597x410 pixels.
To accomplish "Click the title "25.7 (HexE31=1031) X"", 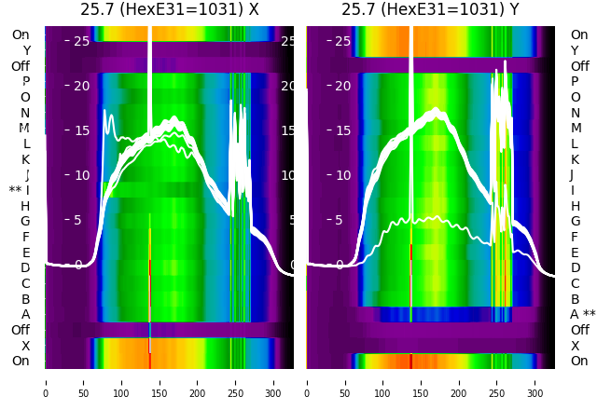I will (x=169, y=10).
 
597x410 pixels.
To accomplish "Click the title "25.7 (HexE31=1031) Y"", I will (x=430, y=10).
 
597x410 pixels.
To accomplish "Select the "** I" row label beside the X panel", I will (x=20, y=190).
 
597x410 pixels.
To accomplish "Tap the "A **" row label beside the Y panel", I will (x=583, y=314).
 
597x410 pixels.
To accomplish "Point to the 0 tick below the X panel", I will (x=45, y=381).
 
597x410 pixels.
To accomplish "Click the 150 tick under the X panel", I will (x=160, y=381).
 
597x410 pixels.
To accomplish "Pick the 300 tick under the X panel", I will (x=273, y=381).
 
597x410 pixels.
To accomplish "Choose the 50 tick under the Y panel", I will (x=345, y=381).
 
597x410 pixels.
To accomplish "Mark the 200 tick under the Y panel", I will (x=460, y=381).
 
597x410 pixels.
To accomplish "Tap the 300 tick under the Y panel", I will (x=535, y=381).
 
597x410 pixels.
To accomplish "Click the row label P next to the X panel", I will (x=25, y=82).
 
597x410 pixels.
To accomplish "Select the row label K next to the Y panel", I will (x=575, y=159).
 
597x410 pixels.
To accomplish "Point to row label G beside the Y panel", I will (x=575, y=221).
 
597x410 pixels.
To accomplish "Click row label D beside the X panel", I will (x=25, y=267).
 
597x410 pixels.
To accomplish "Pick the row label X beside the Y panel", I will (x=575, y=346).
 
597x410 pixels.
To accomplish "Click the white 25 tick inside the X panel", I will (x=81, y=41).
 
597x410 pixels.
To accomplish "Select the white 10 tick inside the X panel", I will (x=81, y=175).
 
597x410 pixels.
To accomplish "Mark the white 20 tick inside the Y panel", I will (x=342, y=86).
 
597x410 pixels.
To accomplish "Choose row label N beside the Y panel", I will (x=575, y=113).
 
